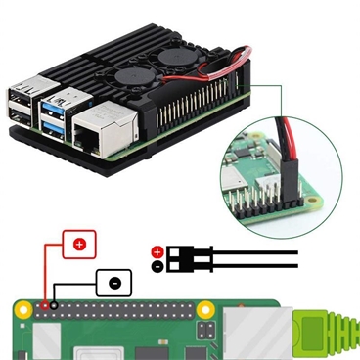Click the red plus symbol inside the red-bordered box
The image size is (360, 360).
[x=79, y=244]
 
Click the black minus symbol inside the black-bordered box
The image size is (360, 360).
[x=114, y=282]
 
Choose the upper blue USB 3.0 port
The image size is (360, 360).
[x=55, y=103]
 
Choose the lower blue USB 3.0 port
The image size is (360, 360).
[x=56, y=126]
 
